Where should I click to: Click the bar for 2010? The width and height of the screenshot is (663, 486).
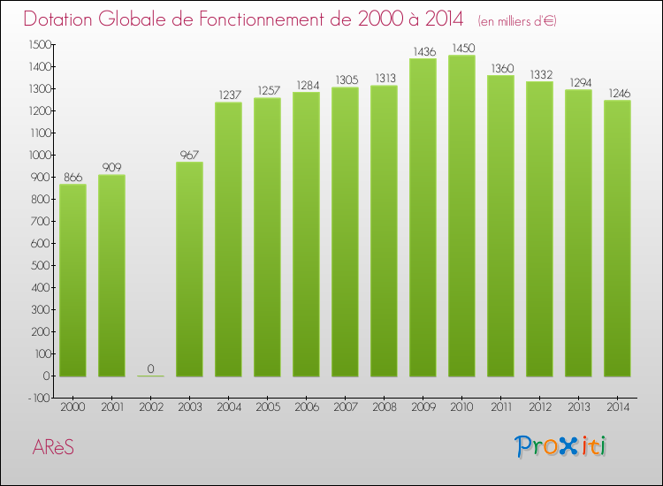(x=461, y=216)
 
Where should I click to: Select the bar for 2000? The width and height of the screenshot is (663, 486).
(x=72, y=280)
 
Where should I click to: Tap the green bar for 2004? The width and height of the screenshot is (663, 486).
(x=228, y=239)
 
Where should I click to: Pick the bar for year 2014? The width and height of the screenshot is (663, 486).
(x=617, y=239)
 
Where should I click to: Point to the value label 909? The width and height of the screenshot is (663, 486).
(x=111, y=168)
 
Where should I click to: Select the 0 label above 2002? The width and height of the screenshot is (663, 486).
(x=150, y=368)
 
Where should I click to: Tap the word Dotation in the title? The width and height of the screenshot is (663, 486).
(x=64, y=19)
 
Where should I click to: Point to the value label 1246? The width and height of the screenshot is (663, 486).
(x=617, y=93)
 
